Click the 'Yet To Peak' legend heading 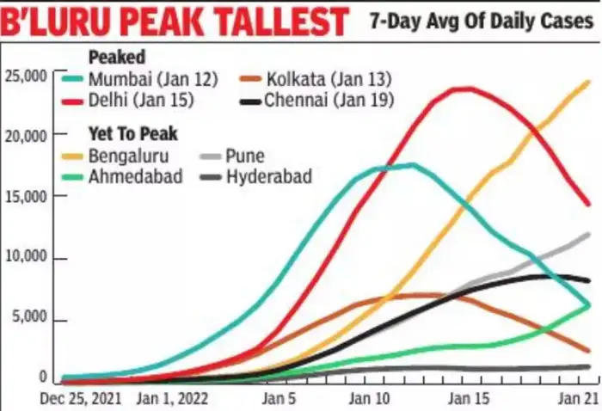click(132, 134)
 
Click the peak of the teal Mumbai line click(411, 164)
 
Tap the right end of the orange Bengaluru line click(589, 82)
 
